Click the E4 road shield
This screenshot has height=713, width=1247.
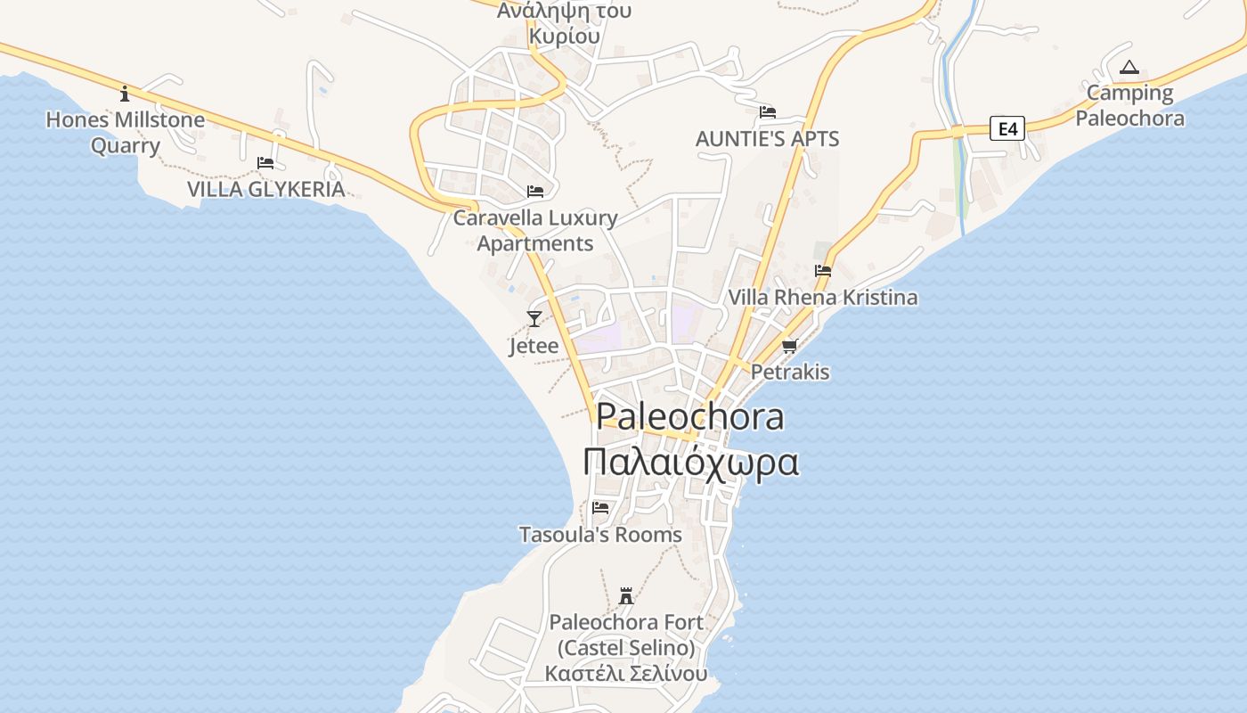[1007, 129]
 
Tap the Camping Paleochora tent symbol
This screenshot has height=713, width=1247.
[1129, 67]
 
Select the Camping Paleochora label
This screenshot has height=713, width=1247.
[1130, 105]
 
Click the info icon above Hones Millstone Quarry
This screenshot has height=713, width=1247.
[125, 94]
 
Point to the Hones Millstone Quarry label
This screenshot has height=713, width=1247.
[125, 132]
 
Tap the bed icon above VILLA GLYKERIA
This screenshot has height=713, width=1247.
[265, 163]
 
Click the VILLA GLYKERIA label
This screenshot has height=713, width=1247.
[265, 189]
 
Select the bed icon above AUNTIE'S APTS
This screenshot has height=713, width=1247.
[768, 112]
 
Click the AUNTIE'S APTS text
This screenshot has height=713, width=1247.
[767, 139]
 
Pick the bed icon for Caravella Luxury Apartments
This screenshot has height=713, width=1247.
[535, 192]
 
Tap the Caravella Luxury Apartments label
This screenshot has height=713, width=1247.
[535, 230]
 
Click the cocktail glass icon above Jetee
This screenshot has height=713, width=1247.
[534, 319]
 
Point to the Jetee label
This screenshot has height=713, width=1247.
[534, 346]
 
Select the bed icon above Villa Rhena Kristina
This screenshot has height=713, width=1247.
[822, 271]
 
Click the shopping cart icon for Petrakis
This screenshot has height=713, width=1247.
[789, 346]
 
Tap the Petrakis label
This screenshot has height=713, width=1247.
[790, 372]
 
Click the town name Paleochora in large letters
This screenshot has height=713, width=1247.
[689, 416]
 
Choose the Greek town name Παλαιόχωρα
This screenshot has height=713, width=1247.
[690, 463]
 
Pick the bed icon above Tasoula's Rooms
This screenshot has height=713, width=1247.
[600, 508]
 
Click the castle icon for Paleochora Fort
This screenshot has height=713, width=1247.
[626, 595]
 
